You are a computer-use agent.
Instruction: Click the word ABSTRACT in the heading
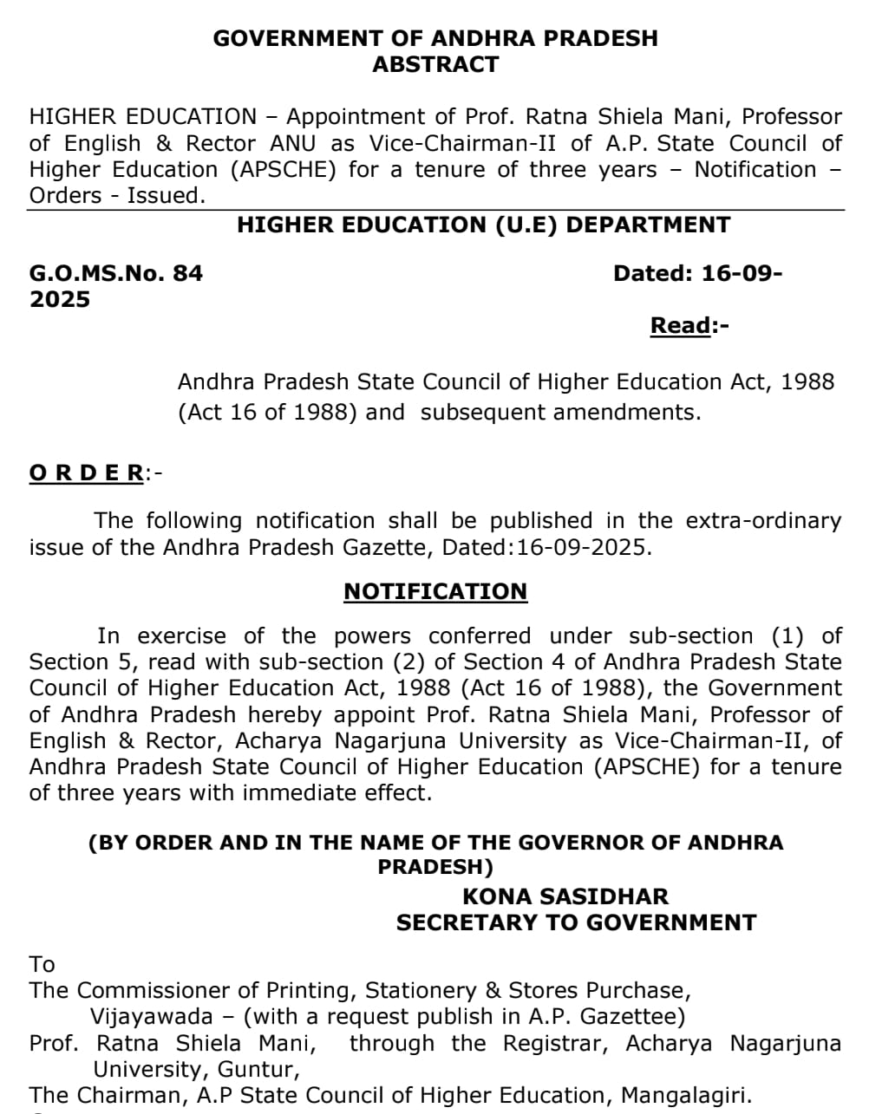point(435,65)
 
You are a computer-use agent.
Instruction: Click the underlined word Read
point(681,326)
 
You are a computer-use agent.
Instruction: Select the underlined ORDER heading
point(87,472)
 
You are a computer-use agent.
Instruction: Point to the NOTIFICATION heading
point(435,591)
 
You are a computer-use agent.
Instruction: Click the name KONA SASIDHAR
point(565,897)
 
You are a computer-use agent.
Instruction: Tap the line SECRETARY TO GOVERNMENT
point(576,923)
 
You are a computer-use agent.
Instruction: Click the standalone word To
point(42,964)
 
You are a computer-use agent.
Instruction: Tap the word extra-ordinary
point(763,521)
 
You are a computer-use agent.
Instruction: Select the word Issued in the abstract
point(167,195)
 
